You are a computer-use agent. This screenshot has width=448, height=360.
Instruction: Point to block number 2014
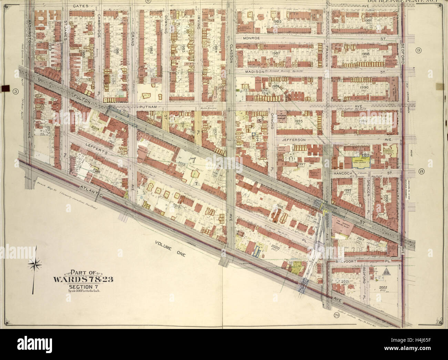point(95,127)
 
